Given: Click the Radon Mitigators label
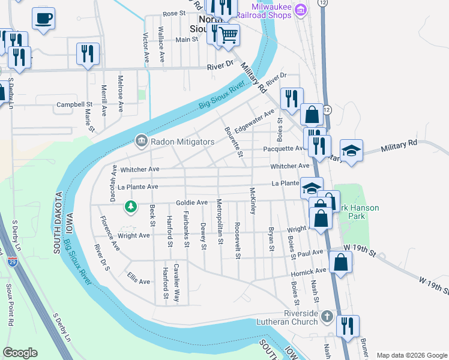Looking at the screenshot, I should click(x=182, y=142).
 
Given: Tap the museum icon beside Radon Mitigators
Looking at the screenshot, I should click(x=141, y=141).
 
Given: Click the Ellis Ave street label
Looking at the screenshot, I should click(x=139, y=277).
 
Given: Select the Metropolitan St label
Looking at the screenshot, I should click(x=220, y=221).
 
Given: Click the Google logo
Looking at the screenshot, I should click(x=20, y=353).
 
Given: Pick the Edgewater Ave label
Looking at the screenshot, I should click(x=255, y=121).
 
